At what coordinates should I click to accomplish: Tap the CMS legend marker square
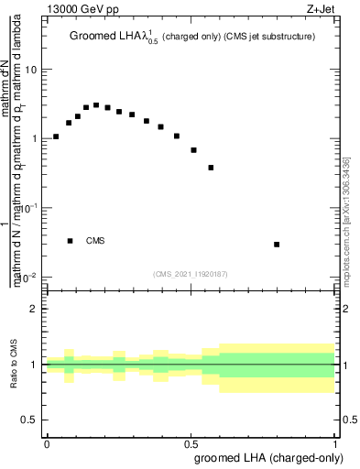coord(71,241)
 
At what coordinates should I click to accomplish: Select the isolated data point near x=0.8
coord(277,245)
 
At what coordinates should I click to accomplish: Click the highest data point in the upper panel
coord(96,105)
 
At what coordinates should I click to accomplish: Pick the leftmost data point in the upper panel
coord(56,136)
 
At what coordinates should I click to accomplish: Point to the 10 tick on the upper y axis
coord(31,70)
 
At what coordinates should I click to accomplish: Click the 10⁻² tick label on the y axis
coord(27,278)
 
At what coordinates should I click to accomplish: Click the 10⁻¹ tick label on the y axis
coord(27,208)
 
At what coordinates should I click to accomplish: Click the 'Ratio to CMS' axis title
coord(14,364)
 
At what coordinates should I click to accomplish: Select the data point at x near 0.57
coord(211,168)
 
